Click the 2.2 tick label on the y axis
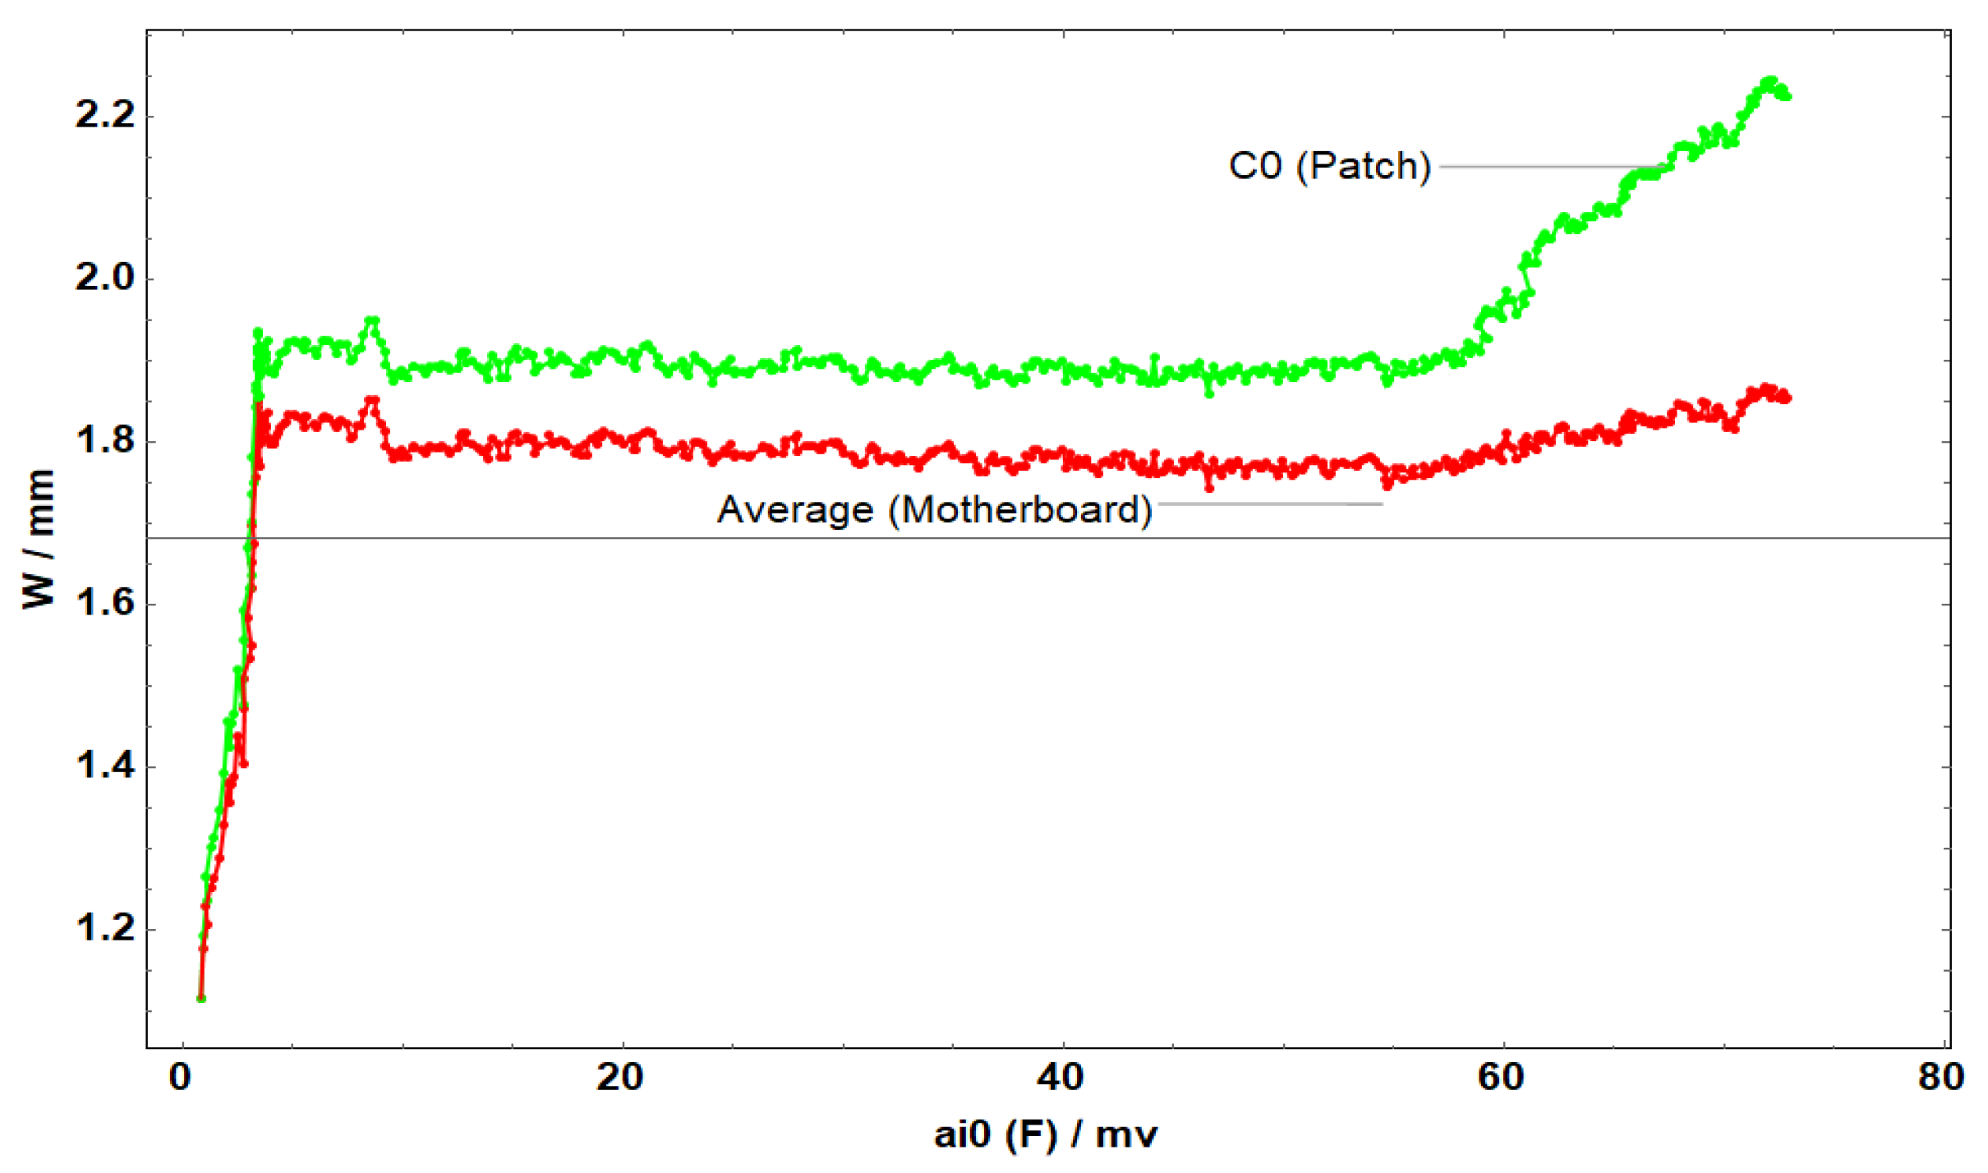point(104,115)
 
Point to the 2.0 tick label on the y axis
point(104,278)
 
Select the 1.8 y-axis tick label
point(104,441)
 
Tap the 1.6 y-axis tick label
point(104,604)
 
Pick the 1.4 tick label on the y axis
point(104,766)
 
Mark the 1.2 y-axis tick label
point(104,929)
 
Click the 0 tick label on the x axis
point(181,1077)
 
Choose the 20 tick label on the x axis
point(620,1077)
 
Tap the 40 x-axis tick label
point(1061,1077)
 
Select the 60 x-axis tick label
point(1502,1077)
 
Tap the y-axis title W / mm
point(39,539)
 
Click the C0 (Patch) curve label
point(1329,167)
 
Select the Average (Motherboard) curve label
point(935,510)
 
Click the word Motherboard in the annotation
point(1025,510)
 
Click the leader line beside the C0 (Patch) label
point(1553,167)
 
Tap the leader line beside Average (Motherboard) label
point(1269,504)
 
